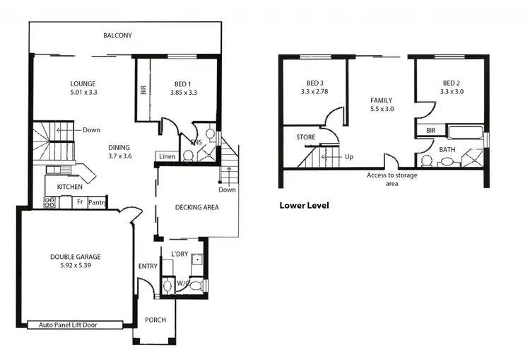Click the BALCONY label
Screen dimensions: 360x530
tap(117, 35)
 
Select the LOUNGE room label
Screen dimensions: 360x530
tap(83, 83)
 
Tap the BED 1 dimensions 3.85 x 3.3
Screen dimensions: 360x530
tap(184, 93)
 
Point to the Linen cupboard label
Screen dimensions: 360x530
tap(167, 156)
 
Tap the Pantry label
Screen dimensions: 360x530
tap(97, 202)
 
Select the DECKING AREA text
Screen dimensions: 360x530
tap(196, 207)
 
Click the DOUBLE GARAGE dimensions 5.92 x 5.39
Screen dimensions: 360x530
tap(75, 267)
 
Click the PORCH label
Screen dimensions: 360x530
tap(155, 320)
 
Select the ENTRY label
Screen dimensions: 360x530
tap(148, 266)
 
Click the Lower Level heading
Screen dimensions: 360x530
tap(304, 206)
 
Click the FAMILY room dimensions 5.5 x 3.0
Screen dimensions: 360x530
tap(381, 110)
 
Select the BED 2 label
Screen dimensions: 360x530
tap(451, 82)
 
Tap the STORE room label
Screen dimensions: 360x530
tap(305, 137)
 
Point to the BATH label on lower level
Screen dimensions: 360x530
tap(447, 149)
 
